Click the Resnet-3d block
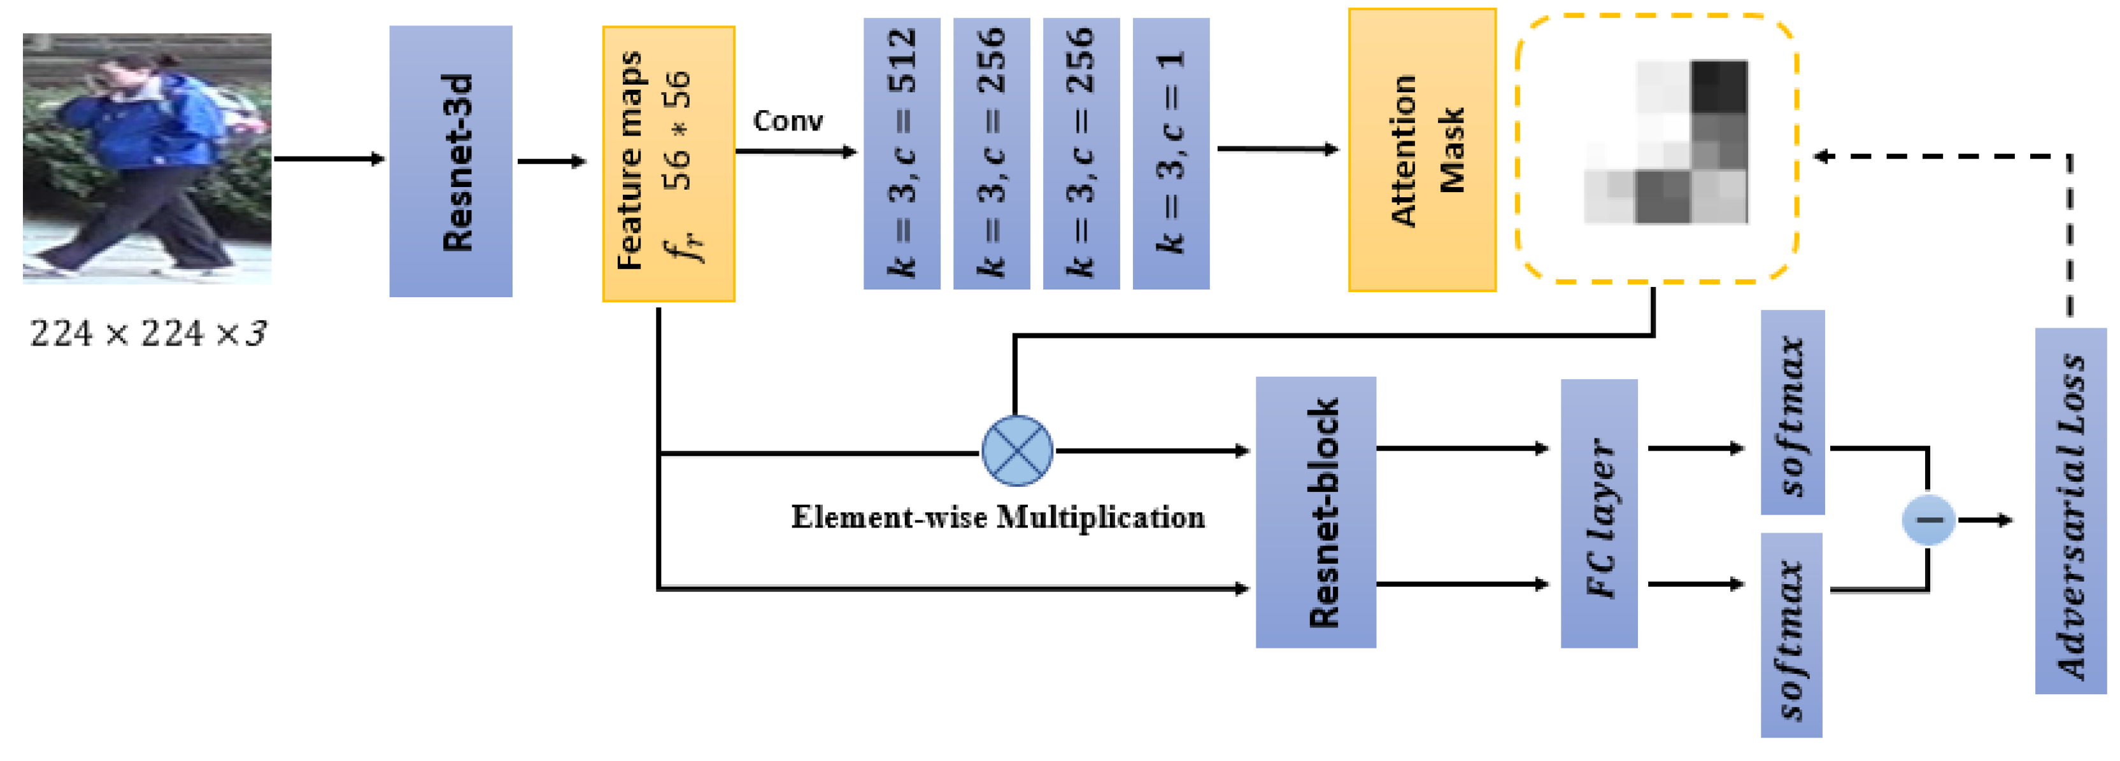[450, 161]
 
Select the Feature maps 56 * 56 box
[668, 164]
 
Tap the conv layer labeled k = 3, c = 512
[901, 154]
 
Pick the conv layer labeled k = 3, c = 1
[1170, 154]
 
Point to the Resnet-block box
[1315, 512]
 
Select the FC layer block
[1598, 513]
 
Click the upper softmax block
[1791, 412]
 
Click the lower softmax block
[1791, 634]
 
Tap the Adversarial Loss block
[2070, 511]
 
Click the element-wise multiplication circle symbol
[1017, 451]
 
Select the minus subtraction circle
[1928, 520]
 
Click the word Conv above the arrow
[788, 121]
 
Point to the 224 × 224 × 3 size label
[148, 334]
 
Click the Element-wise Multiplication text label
[997, 517]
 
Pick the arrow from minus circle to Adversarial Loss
[1985, 520]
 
